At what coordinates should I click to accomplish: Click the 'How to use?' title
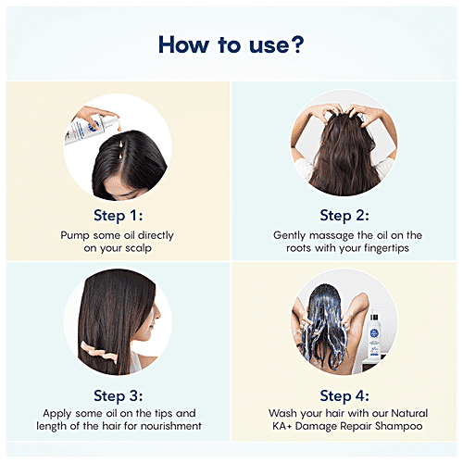[231, 44]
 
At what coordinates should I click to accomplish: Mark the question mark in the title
[295, 44]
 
